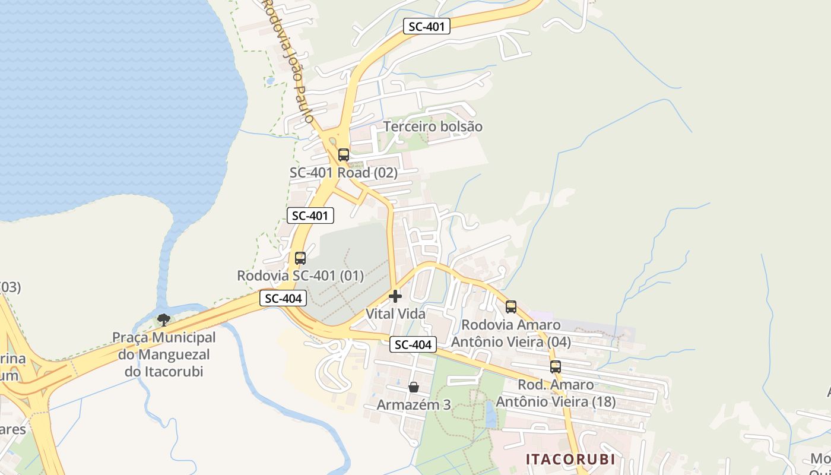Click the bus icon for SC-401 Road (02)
343,155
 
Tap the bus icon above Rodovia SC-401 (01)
300,258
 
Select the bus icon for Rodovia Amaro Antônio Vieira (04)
511,307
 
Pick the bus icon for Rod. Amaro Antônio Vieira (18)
556,367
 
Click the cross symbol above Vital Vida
395,296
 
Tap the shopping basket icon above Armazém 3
414,387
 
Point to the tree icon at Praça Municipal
164,320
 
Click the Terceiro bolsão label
433,126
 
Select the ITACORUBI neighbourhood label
570,460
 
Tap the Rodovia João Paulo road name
288,59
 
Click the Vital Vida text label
395,313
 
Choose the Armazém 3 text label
414,405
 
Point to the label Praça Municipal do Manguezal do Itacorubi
164,354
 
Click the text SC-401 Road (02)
343,173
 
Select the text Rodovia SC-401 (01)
300,276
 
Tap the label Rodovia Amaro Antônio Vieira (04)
511,334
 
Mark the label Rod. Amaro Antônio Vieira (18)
556,393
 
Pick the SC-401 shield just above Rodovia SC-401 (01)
310,216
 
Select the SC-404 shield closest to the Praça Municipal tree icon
283,299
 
